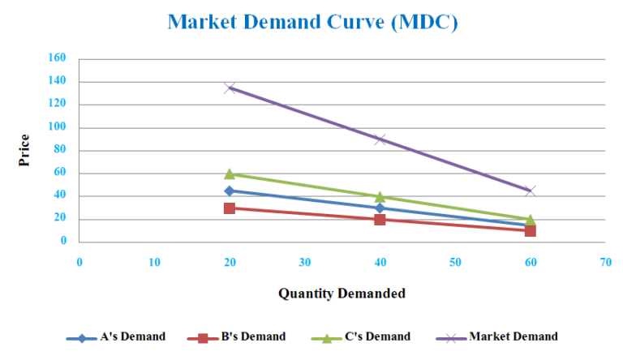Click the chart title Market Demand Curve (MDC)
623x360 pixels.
click(312, 22)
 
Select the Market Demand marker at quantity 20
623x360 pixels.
click(230, 88)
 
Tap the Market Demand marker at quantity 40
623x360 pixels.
click(380, 139)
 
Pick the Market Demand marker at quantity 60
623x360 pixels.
click(530, 191)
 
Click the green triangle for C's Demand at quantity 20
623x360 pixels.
click(230, 174)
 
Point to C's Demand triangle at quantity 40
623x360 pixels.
click(380, 196)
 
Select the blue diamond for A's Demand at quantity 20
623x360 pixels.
click(230, 191)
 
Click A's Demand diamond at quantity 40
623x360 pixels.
click(380, 208)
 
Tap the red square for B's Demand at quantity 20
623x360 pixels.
click(230, 208)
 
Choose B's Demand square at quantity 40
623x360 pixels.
click(380, 219)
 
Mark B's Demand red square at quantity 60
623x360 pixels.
click(530, 230)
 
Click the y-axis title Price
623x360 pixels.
click(24, 150)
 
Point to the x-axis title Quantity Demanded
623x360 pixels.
click(342, 294)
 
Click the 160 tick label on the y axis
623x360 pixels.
click(57, 59)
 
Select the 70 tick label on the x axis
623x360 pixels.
click(605, 262)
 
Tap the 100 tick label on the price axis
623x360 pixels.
click(57, 127)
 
